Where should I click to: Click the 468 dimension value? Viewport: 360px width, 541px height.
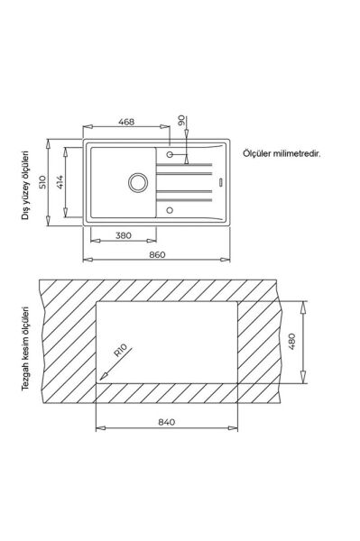pyautogui.click(x=126, y=122)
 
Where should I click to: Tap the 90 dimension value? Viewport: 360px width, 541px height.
pyautogui.click(x=181, y=121)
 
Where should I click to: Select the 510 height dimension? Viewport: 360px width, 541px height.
pyautogui.click(x=42, y=182)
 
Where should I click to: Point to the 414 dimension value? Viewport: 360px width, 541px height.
pyautogui.click(x=60, y=182)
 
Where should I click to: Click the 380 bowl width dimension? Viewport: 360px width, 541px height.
pyautogui.click(x=124, y=235)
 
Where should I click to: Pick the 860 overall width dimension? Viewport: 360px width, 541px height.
pyautogui.click(x=157, y=254)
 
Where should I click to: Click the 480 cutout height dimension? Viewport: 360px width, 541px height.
pyautogui.click(x=291, y=342)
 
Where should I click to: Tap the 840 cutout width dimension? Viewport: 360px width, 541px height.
pyautogui.click(x=167, y=422)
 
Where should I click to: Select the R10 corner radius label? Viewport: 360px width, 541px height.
pyautogui.click(x=121, y=350)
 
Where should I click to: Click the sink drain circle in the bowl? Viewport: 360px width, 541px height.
pyautogui.click(x=138, y=182)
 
